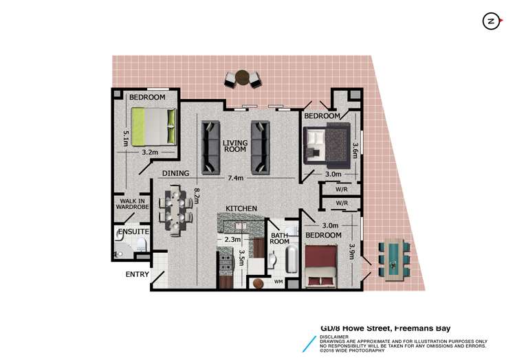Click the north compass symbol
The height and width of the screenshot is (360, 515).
click(x=491, y=21)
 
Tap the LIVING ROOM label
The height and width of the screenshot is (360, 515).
click(x=234, y=146)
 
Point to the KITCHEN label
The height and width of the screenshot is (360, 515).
click(x=241, y=208)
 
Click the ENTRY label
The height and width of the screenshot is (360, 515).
click(x=136, y=274)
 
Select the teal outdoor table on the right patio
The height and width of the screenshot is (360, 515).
click(x=392, y=260)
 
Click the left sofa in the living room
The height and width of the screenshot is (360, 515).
click(x=210, y=146)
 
